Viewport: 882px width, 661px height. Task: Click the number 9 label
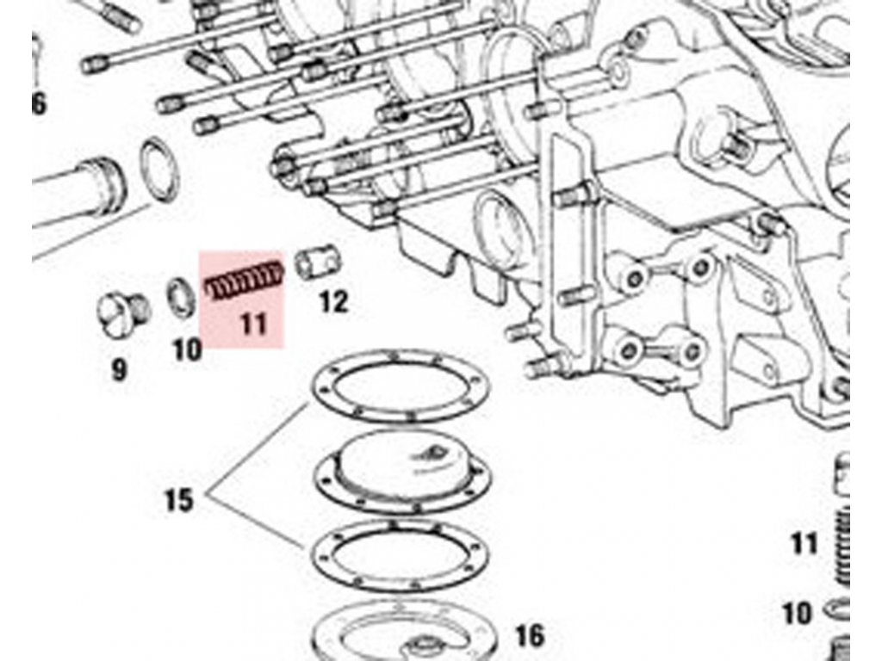119,370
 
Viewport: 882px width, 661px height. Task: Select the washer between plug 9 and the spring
180,296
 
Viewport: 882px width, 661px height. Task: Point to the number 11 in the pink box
252,324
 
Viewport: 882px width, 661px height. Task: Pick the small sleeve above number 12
320,263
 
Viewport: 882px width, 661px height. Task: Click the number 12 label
333,302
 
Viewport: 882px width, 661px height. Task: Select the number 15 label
179,500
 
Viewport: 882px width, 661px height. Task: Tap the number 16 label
530,636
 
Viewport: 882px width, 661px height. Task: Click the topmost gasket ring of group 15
401,386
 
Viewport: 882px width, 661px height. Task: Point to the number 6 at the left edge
39,105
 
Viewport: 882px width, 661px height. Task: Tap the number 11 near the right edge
804,544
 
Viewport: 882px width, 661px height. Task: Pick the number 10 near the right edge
798,614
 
